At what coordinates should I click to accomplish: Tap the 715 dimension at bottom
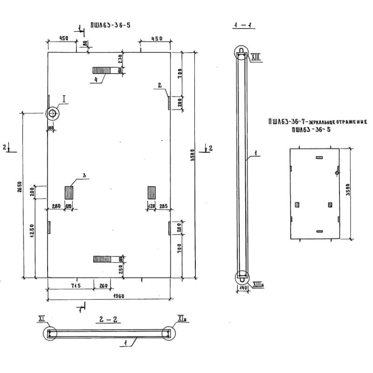pos(76,285)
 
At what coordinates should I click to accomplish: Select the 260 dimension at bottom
pos(103,285)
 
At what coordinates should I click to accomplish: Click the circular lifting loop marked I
pos(52,113)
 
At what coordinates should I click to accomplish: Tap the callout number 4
pos(95,80)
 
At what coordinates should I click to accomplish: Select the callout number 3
pos(83,175)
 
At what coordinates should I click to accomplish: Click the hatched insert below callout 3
pos(69,193)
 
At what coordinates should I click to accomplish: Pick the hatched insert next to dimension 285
pos(152,192)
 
